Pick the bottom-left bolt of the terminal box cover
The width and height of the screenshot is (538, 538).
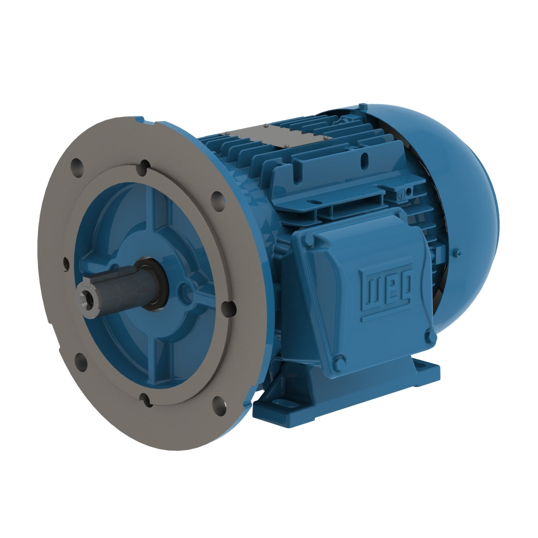click(x=339, y=359)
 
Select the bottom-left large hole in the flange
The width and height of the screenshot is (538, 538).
click(x=81, y=359)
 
